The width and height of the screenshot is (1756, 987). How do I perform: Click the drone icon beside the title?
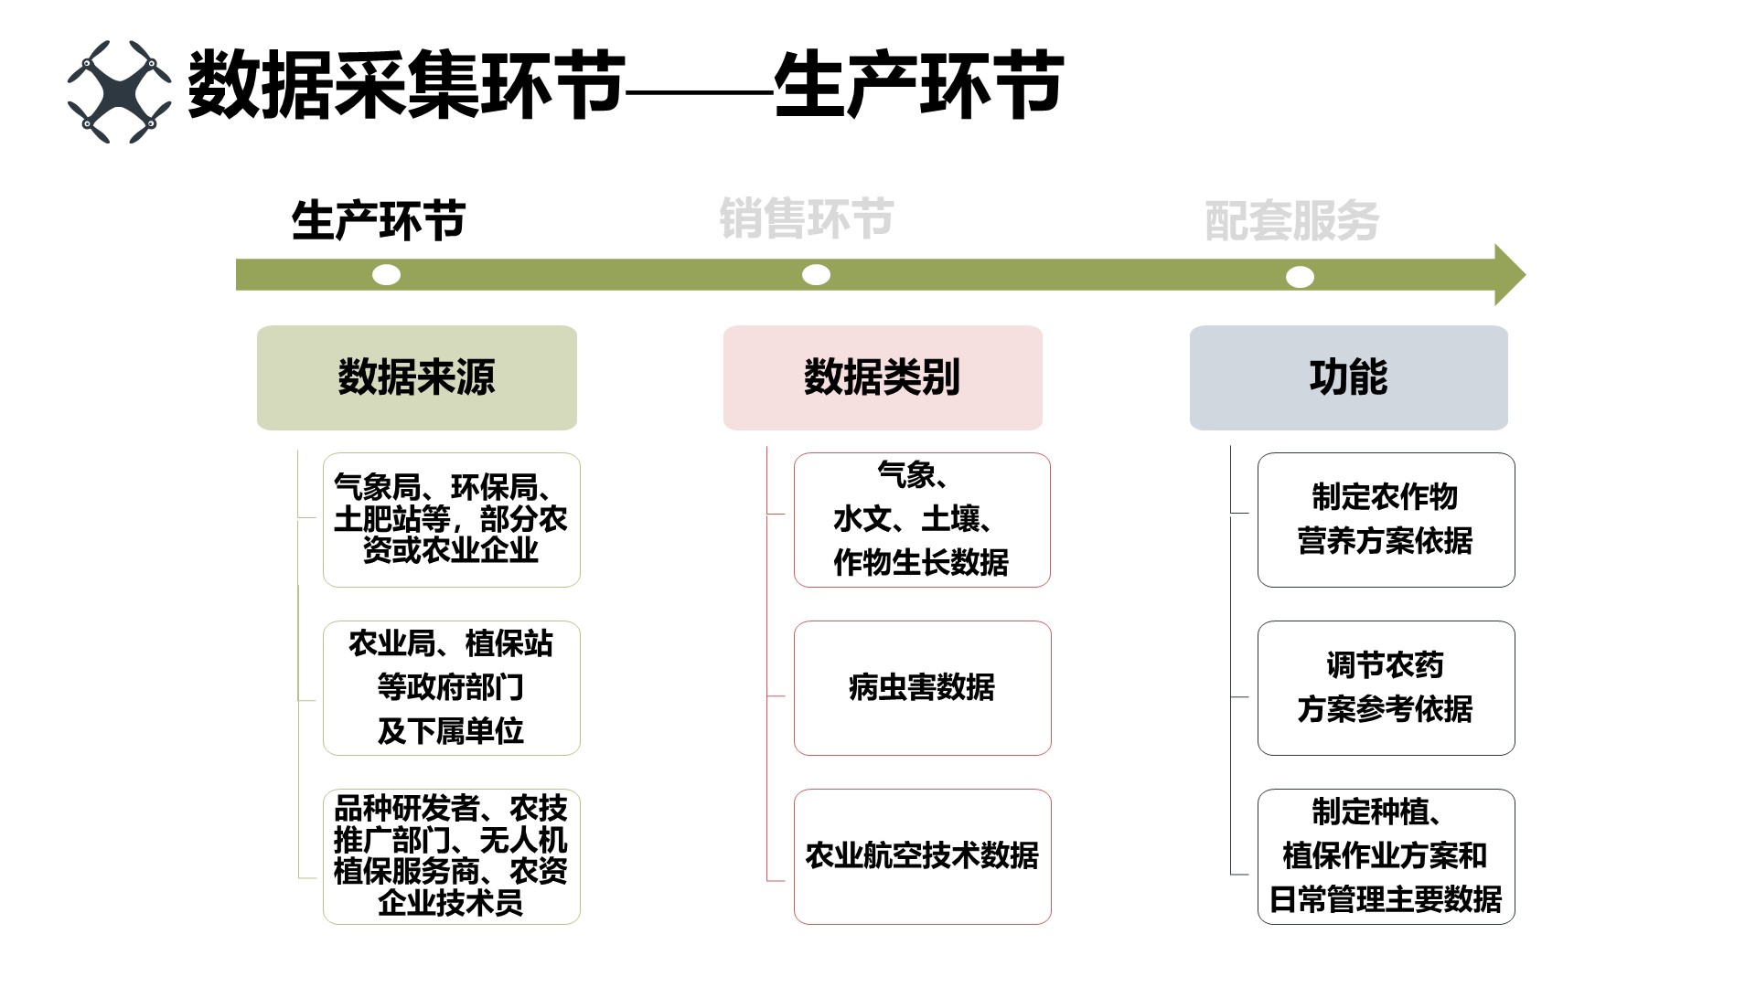pos(119,91)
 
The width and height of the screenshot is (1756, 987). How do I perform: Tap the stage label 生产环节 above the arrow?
pos(379,221)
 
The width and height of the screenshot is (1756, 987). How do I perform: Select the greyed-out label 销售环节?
pos(806,219)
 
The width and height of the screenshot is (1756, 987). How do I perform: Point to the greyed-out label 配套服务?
pos(1291,221)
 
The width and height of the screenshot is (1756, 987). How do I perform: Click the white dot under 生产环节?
pos(387,275)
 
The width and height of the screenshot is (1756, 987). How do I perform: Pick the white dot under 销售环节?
pos(816,275)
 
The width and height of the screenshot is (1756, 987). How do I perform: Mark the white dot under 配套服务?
pos(1300,277)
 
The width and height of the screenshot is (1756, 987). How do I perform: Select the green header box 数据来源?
pos(417,377)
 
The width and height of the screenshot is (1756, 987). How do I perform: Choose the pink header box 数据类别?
pos(883,377)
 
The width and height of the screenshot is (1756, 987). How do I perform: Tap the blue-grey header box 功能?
pos(1348,377)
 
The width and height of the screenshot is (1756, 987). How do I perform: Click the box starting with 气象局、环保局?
pos(451,519)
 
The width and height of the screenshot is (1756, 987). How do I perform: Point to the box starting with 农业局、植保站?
pos(451,687)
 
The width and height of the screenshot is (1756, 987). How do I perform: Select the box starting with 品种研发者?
pos(451,856)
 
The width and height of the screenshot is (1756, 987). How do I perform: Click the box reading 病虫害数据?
pos(922,687)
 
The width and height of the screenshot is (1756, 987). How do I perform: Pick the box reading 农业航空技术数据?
pos(922,856)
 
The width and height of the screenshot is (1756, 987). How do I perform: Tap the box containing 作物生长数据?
pos(922,519)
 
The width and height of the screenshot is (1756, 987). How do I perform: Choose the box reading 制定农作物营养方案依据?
pos(1386,519)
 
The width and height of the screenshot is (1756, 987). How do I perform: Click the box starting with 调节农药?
pos(1386,687)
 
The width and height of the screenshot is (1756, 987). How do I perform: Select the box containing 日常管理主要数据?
pos(1386,856)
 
